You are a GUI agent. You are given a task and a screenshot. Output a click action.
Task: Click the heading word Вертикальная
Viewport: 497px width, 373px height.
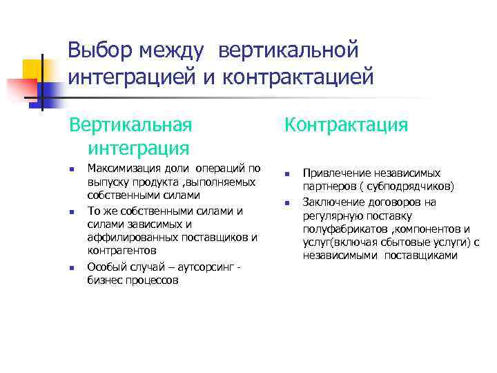[130, 125]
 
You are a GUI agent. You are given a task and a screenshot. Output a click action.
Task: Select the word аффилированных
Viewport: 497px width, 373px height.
[127, 237]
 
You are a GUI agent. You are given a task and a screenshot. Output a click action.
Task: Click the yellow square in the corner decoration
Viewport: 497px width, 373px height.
[34, 69]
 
